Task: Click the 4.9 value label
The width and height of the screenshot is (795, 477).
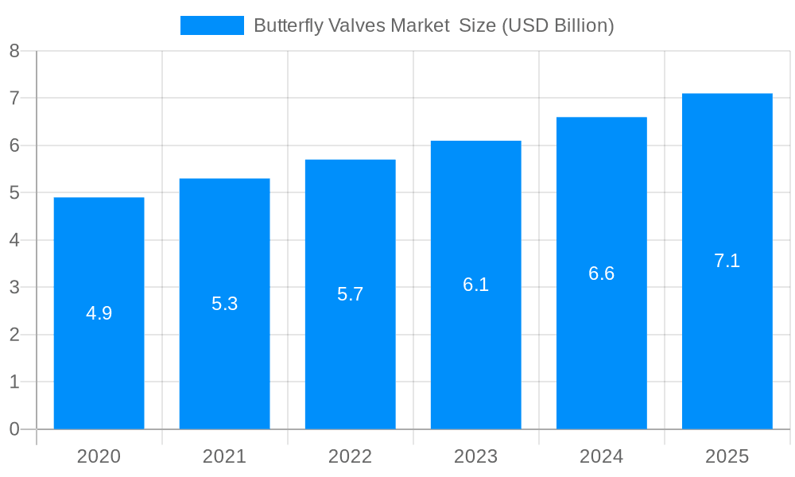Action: point(99,313)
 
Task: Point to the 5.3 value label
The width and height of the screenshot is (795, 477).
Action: point(224,304)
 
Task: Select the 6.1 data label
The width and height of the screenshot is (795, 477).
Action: point(475,285)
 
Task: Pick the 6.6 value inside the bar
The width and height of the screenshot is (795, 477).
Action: point(601,273)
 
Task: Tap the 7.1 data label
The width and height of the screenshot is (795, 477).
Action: point(727,261)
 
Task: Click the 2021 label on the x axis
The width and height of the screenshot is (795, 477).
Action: point(224,456)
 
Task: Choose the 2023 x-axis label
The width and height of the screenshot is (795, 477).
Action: point(475,456)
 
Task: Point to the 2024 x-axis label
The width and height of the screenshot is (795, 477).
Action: point(601,456)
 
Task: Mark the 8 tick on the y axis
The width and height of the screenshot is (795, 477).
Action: point(14,51)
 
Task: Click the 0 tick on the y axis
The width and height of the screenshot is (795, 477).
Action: point(14,429)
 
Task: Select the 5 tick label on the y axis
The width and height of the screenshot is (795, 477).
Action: point(14,192)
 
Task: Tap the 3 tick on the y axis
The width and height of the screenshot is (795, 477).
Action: point(14,287)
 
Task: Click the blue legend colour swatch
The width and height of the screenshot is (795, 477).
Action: point(211,25)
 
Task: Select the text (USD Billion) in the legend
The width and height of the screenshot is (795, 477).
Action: point(556,25)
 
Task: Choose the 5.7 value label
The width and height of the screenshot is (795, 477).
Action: point(350,294)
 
